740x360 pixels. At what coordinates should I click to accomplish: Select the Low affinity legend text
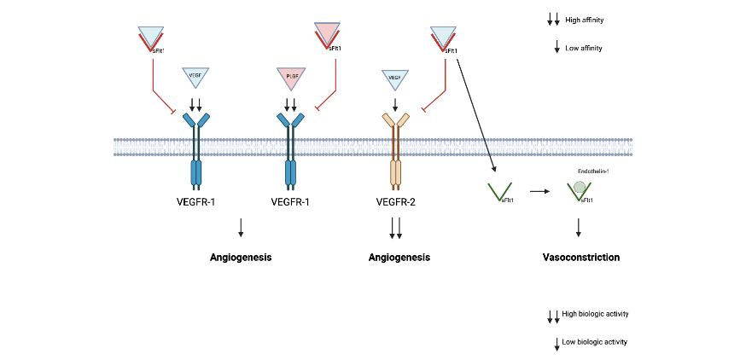[x=584, y=48]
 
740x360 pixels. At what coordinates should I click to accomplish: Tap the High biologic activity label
[x=595, y=314]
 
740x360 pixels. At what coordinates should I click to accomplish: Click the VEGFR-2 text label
[x=396, y=203]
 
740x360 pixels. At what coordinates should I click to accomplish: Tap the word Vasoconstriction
[x=580, y=257]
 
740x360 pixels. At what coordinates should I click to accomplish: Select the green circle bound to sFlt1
[x=580, y=187]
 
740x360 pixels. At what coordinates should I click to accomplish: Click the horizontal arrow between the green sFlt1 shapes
[x=539, y=192]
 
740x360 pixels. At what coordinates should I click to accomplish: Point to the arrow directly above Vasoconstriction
[x=580, y=227]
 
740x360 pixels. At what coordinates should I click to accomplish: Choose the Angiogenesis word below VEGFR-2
[x=399, y=257]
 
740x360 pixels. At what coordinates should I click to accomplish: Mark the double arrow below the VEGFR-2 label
[x=395, y=228]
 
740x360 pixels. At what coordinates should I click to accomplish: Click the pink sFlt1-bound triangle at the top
[x=327, y=35]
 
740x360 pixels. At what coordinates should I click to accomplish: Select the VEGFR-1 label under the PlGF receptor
[x=290, y=203]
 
